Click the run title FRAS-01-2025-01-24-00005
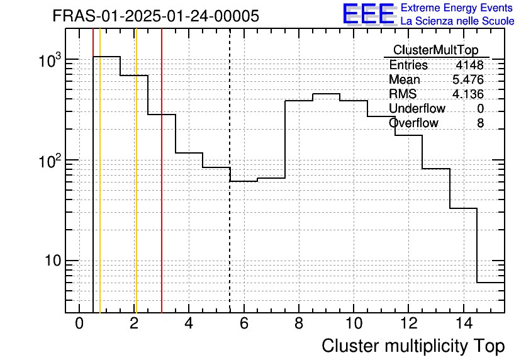[x=156, y=16]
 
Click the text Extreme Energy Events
[x=457, y=8]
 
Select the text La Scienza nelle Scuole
[x=457, y=21]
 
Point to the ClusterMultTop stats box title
[x=435, y=50]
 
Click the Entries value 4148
[x=470, y=65]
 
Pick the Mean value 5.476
[x=468, y=80]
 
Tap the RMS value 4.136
[x=468, y=94]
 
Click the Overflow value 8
[x=480, y=123]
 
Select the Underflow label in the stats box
[x=417, y=109]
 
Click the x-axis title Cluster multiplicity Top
[x=413, y=346]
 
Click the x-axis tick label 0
[x=79, y=324]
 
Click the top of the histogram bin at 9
[x=326, y=94]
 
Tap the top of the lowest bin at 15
[x=490, y=283]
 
